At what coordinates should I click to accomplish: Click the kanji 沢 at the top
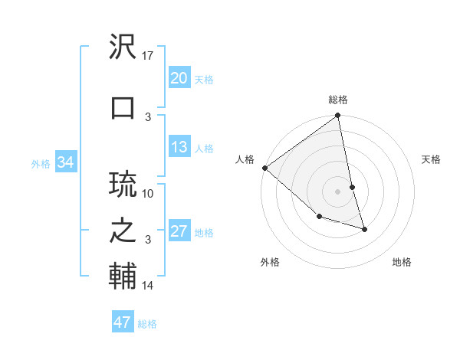(x=123, y=47)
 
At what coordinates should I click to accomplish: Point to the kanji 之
(x=123, y=231)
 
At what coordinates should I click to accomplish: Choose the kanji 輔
(x=123, y=277)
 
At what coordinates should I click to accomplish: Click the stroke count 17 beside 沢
(x=149, y=56)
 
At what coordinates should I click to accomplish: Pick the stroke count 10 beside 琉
(x=149, y=193)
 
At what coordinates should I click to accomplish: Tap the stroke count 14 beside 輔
(x=149, y=286)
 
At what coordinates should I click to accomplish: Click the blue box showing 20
(x=179, y=78)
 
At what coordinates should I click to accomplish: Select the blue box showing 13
(x=179, y=147)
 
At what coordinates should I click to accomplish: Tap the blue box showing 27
(x=179, y=231)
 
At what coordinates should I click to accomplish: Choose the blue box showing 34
(x=65, y=162)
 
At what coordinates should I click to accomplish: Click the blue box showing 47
(x=122, y=322)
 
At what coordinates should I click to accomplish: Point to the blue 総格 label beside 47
(x=147, y=324)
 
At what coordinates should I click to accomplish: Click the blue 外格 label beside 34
(x=41, y=163)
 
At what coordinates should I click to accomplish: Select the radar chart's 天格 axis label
(x=432, y=159)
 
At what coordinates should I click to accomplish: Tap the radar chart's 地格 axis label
(x=402, y=262)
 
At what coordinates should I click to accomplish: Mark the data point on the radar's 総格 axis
(x=338, y=116)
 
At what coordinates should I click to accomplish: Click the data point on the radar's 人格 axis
(x=264, y=168)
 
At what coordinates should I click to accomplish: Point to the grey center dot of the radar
(x=338, y=191)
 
